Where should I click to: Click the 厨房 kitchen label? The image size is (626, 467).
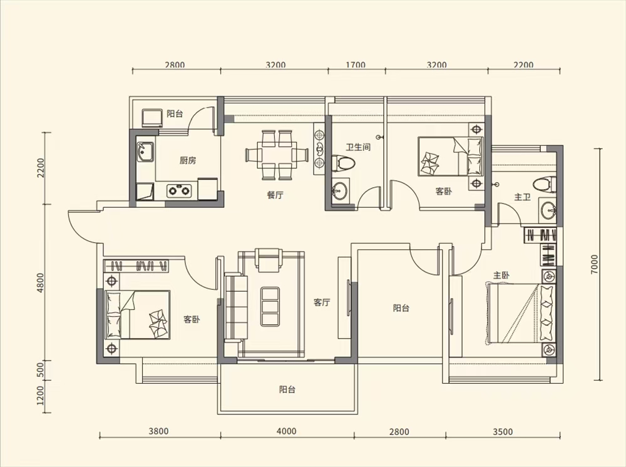pos(188,161)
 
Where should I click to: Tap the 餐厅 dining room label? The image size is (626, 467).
pos(275,195)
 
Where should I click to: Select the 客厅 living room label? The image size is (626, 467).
pos(322,302)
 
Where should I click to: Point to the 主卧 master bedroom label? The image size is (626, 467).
pos(501,275)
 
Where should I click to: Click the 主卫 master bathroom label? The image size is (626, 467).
pos(522,197)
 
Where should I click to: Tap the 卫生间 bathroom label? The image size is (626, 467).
pos(358,147)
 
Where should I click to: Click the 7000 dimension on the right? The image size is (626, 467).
pos(595,264)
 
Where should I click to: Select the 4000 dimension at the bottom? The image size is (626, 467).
pos(287,431)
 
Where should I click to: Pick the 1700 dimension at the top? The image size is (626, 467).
pos(356,64)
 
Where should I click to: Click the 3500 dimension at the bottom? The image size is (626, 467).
pos(503,431)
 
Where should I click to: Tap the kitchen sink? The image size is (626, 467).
pos(145,152)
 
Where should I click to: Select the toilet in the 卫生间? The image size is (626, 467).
pos(342,162)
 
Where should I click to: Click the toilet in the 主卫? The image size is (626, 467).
pos(544,185)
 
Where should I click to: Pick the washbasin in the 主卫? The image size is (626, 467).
pos(548,210)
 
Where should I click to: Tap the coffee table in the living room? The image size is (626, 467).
pos(270,306)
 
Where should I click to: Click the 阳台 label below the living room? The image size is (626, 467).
pos(287,389)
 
